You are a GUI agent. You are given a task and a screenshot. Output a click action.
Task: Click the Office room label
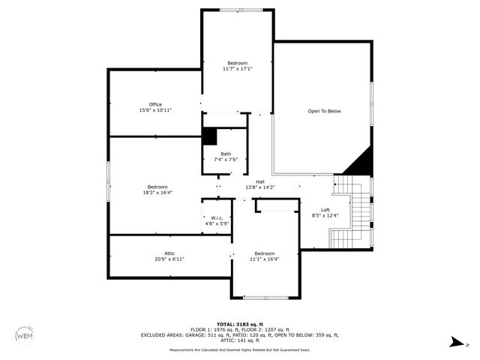pos(155,104)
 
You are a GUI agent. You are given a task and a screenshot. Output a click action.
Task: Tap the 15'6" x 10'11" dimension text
pos(155,110)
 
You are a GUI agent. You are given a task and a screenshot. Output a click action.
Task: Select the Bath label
pos(215,154)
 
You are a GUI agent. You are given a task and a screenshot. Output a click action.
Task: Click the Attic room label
pos(169,253)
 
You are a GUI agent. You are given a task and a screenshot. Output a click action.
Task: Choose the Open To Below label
pos(324,111)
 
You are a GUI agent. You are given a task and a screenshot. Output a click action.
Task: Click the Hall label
pos(259,181)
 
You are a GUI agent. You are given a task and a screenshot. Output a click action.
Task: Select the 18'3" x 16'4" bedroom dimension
pos(157,192)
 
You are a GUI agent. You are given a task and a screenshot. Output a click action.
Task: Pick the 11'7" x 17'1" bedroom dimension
pos(237,69)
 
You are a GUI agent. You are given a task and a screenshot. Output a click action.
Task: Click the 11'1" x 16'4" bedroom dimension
pos(264,259)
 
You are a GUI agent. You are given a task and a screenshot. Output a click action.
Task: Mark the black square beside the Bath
pos(209,136)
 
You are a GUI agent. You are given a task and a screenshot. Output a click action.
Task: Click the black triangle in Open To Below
pos(361,162)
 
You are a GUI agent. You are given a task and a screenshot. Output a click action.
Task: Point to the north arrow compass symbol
pos(456,343)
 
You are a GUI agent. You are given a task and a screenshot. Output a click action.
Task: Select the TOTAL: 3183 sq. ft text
pos(240,324)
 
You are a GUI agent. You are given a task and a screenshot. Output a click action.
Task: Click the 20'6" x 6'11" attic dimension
pos(169,259)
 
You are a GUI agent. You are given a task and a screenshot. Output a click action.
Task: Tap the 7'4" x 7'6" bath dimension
pos(215,160)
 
